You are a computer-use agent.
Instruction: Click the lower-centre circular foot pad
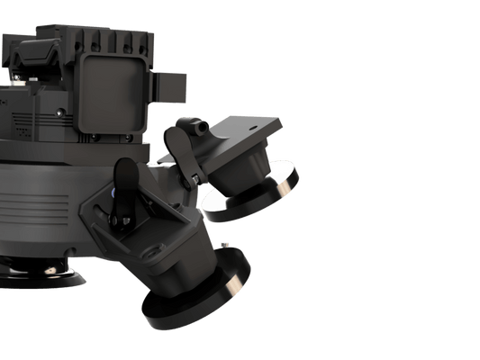194,296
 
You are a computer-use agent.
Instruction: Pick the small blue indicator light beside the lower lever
113,192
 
